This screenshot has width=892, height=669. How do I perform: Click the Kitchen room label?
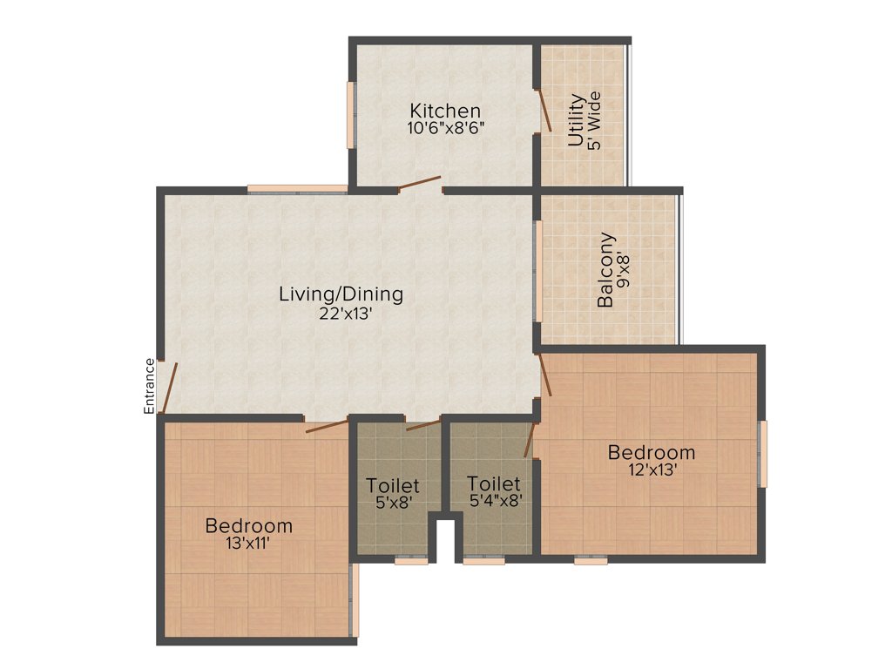(445, 111)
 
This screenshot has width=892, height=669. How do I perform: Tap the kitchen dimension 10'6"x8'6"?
(445, 127)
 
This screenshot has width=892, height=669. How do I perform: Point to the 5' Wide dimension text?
(595, 120)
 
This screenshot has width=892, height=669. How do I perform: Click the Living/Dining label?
(341, 294)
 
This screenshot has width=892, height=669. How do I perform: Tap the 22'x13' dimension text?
(345, 313)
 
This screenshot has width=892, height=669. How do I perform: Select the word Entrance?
(149, 385)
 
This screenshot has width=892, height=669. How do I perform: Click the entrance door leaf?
(171, 389)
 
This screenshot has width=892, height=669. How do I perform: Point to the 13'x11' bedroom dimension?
(248, 543)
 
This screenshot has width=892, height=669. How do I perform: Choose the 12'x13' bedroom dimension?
(652, 469)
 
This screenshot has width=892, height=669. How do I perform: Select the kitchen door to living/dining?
(419, 183)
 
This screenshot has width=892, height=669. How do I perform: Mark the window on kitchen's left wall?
(351, 114)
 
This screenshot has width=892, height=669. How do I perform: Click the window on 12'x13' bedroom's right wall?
(763, 453)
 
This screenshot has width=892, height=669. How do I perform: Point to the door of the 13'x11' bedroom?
(327, 426)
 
